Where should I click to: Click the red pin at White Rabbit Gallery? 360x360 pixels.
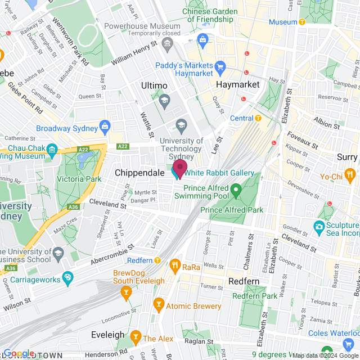179,168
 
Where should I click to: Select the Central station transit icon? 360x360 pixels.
258,118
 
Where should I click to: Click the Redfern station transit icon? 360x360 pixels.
158,261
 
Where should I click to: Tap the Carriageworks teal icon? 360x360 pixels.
67,277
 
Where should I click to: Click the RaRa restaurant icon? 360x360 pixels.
175,267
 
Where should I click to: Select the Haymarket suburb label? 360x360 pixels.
238,84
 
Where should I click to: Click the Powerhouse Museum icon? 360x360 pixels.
166,43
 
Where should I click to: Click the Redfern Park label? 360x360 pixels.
254,296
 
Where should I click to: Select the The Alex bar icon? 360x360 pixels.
135,338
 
